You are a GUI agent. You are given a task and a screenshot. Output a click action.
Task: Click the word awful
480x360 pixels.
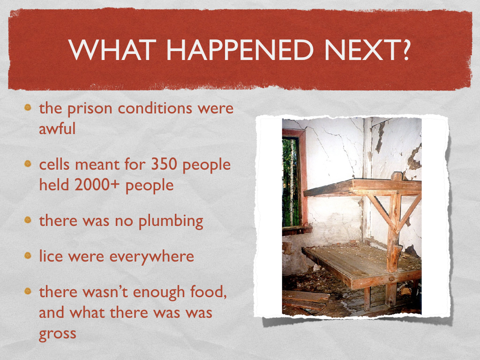tap(57, 128)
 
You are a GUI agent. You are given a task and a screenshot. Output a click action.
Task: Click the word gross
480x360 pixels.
tap(58, 334)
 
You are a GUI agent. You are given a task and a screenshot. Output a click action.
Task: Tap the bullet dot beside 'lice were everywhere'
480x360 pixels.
tap(29, 256)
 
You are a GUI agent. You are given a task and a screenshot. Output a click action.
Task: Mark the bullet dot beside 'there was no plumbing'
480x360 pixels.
tap(29, 220)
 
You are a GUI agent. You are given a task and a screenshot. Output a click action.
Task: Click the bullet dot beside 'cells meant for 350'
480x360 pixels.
tap(29, 165)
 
